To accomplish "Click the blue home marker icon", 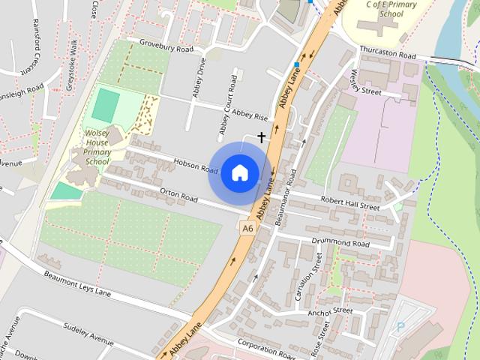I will tap(239, 172).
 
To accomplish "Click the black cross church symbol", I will tap(261, 137).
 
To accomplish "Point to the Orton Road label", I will tap(178, 194).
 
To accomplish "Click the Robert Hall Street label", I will tap(350, 203).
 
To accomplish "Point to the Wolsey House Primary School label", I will tap(97, 146).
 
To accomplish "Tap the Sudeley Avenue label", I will tap(87, 331).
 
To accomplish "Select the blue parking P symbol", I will tap(400, 327).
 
